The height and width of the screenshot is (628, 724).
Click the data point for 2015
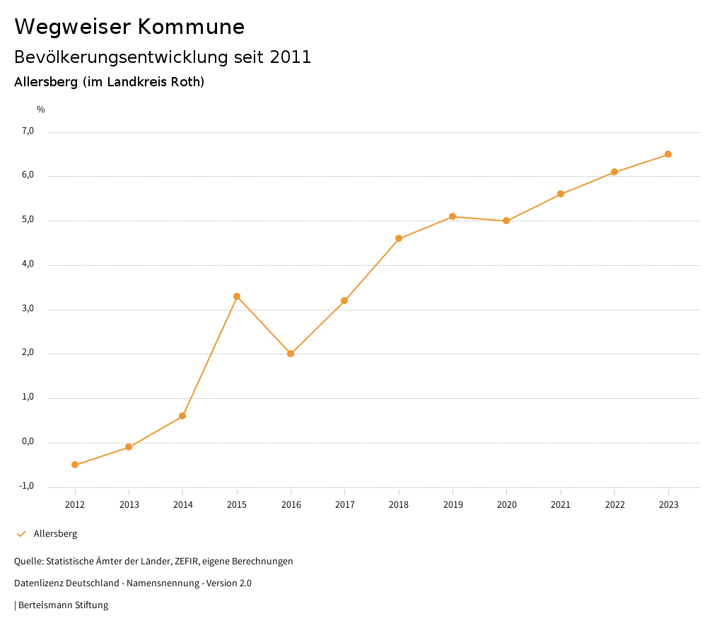[237, 296]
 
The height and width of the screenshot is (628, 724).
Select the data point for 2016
[291, 354]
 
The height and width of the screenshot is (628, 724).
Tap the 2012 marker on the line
[75, 465]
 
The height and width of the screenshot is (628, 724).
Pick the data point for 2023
[668, 154]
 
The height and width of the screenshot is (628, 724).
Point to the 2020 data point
[506, 221]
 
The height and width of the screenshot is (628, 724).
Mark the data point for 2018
[399, 238]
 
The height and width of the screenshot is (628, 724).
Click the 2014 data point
[182, 416]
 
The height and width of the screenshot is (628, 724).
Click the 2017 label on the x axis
[345, 504]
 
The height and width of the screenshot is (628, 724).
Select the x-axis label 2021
[561, 504]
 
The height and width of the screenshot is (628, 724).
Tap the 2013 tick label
[129, 504]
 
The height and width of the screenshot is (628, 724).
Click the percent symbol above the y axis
[41, 110]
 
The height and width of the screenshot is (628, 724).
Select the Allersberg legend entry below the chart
[55, 534]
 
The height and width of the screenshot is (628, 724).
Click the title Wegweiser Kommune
[129, 27]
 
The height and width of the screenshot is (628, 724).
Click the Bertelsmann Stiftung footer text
[63, 605]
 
